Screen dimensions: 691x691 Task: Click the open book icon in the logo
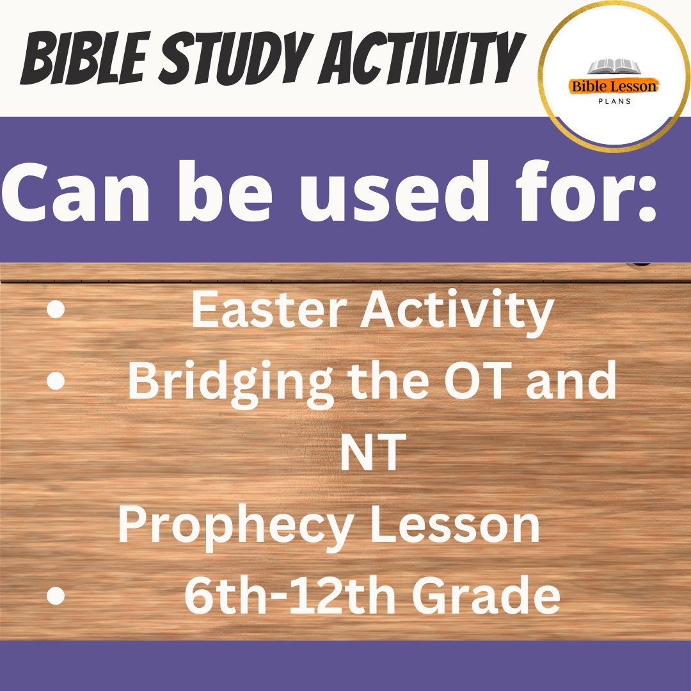click(614, 67)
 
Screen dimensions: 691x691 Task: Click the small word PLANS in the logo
click(614, 101)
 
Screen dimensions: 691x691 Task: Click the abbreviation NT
click(372, 453)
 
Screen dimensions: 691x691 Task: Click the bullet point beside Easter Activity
click(56, 310)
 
